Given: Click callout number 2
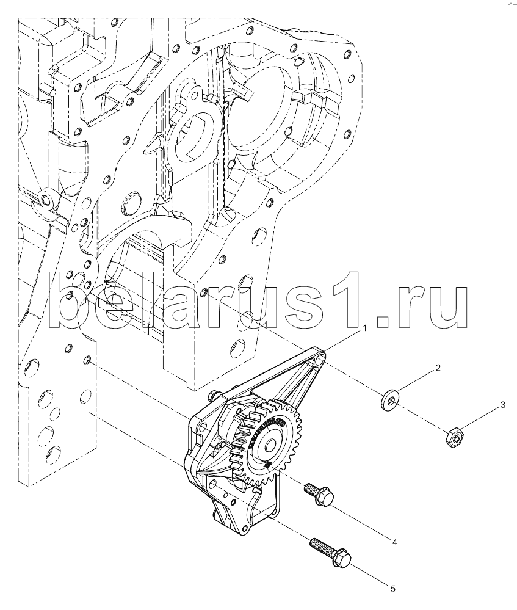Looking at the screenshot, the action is [438, 368].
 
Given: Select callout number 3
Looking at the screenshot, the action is [502, 405].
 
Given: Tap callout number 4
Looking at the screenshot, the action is [394, 542].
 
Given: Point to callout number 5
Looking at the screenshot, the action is [393, 589].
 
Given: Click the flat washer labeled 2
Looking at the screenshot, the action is [389, 400].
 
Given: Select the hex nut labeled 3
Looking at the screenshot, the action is [454, 438].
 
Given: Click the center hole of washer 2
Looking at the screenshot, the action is [390, 400].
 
